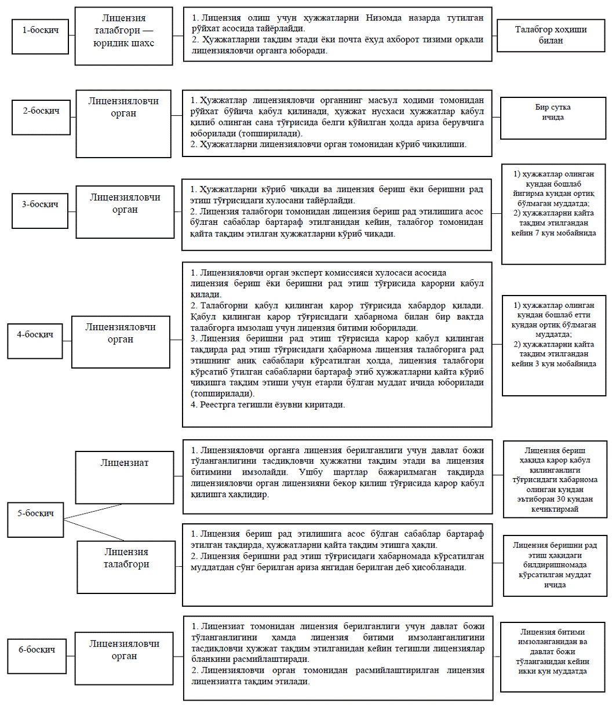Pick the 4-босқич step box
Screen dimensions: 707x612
36,336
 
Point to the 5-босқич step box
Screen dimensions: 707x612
35,514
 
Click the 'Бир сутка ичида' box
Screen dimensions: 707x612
551,118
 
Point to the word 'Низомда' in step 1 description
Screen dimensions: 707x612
381,18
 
